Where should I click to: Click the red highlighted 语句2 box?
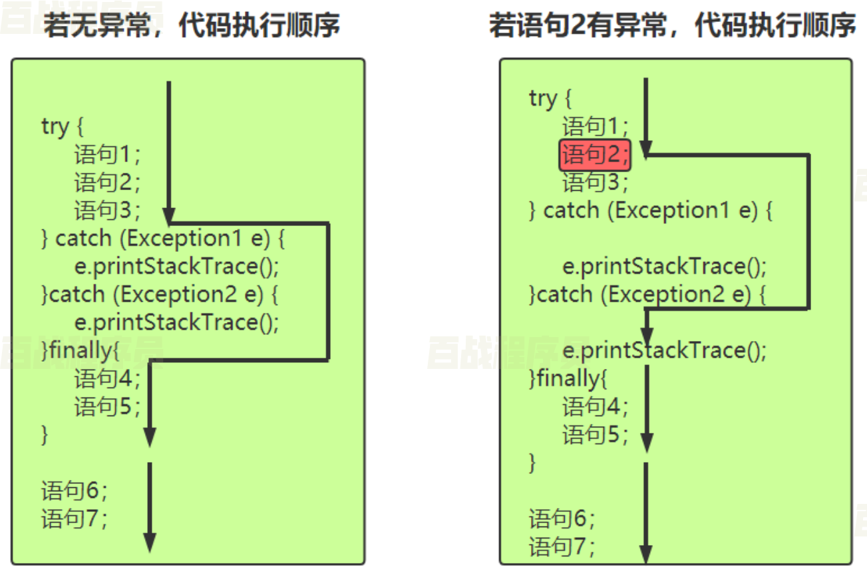click(594, 155)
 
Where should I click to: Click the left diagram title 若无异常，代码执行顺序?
click(192, 26)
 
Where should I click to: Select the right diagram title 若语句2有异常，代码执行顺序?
click(672, 26)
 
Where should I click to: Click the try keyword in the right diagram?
click(543, 98)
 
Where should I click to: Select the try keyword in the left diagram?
click(55, 126)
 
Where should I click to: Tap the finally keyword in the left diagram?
click(79, 350)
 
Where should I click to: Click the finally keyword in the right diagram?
click(567, 379)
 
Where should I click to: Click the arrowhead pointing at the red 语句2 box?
click(645, 147)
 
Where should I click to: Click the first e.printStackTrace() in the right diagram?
click(664, 267)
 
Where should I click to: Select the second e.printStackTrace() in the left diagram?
click(176, 322)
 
